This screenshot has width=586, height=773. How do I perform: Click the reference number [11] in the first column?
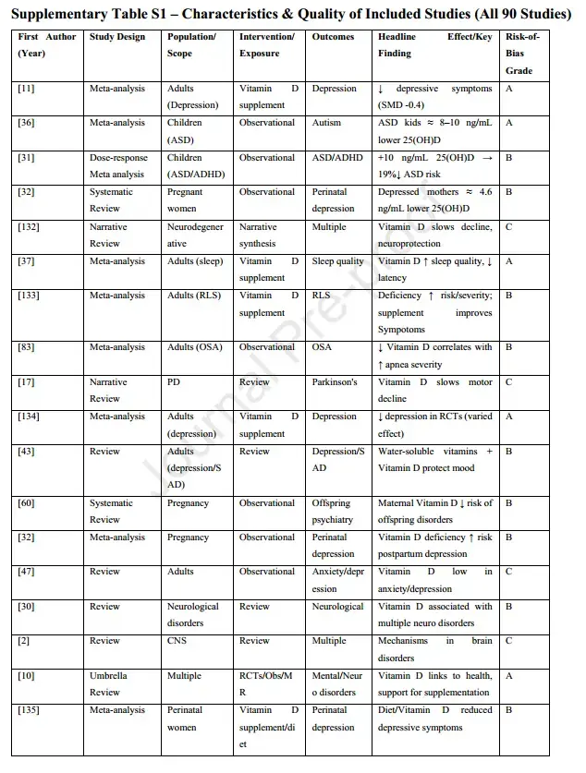pyautogui.click(x=26, y=89)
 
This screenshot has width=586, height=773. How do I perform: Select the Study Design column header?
pyautogui.click(x=117, y=37)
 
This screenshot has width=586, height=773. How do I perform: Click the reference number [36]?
pyautogui.click(x=26, y=123)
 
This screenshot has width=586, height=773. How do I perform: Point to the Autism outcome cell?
pyautogui.click(x=328, y=123)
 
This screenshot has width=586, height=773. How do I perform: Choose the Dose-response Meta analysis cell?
pyautogui.click(x=117, y=166)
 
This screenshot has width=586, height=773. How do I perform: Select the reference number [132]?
pyautogui.click(x=29, y=227)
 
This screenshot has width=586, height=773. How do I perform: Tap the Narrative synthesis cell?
pyautogui.click(x=258, y=236)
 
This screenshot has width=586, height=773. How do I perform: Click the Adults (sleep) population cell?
pyautogui.click(x=195, y=261)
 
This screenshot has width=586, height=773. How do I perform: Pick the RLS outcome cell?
pyautogui.click(x=321, y=296)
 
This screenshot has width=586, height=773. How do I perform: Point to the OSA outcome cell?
pyautogui.click(x=322, y=347)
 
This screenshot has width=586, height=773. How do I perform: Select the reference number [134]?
pyautogui.click(x=29, y=417)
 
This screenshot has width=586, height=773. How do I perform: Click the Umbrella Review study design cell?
pyautogui.click(x=109, y=684)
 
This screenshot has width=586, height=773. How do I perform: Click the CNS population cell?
pyautogui.click(x=177, y=641)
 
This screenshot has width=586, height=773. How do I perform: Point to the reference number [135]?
pyautogui.click(x=29, y=710)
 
